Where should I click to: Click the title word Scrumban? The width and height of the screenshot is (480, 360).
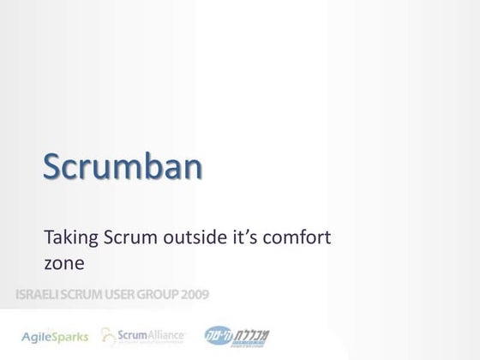point(123,166)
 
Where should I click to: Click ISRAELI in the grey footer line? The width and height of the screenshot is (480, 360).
point(39,296)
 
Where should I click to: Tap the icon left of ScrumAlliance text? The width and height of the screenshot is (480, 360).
point(109,335)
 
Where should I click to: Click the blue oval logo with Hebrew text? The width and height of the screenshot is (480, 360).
point(217,335)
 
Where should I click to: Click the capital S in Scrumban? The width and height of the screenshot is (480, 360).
point(55,166)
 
